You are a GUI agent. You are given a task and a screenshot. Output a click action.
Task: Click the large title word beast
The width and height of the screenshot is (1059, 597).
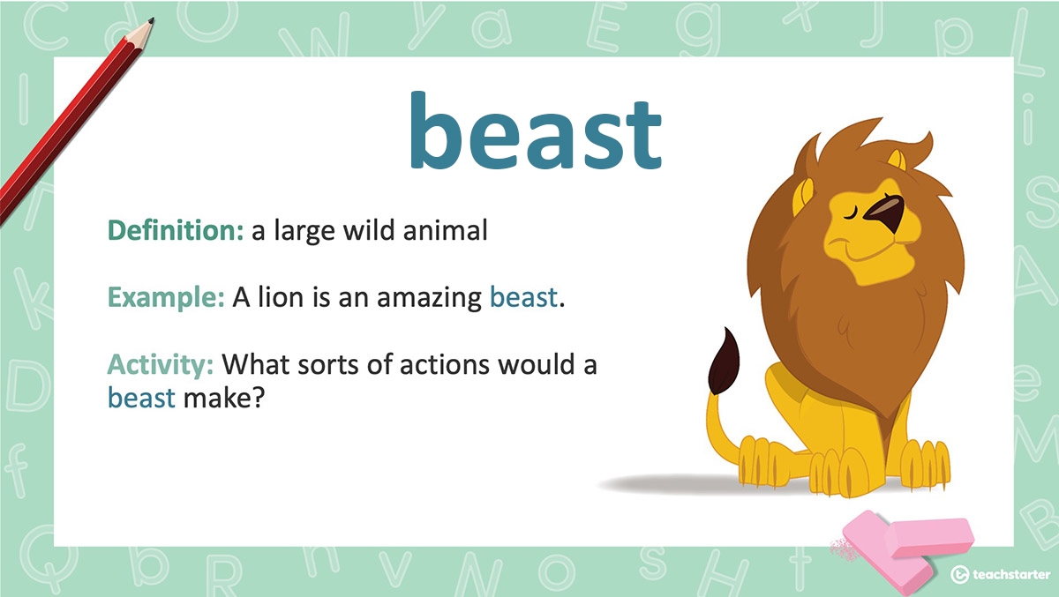point(535,133)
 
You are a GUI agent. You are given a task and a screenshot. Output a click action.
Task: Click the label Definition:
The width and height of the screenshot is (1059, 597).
point(175,231)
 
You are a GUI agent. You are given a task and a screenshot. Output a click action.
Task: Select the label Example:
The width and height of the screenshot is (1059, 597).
point(166,298)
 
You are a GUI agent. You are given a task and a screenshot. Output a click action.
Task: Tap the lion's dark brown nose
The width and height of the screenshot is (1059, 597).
point(885,215)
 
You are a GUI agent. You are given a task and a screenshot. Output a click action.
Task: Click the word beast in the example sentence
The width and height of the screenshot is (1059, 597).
point(524,298)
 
